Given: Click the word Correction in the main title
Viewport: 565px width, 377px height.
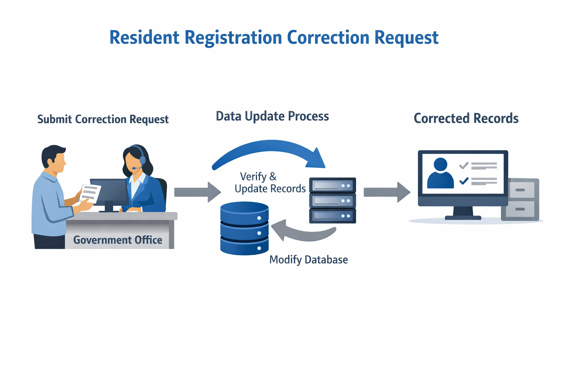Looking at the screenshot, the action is click(328, 38).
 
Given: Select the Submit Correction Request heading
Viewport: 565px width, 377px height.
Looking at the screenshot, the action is click(103, 119).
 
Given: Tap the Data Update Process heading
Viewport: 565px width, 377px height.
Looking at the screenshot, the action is click(273, 117).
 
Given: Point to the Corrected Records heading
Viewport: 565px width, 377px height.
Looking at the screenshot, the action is click(466, 118).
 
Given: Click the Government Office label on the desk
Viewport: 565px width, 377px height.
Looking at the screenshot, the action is click(118, 240).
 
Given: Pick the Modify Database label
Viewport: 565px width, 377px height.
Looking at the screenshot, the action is click(309, 260).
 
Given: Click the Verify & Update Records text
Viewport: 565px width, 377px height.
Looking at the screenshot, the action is click(270, 183).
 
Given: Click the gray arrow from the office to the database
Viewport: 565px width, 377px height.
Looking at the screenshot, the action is click(198, 192).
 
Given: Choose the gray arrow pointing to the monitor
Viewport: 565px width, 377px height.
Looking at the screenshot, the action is click(387, 192).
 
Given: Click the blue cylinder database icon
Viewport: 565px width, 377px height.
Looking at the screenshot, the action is click(244, 228).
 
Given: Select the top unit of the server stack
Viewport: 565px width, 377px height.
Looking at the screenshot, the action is click(333, 185).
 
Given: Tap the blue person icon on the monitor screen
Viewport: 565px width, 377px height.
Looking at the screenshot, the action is click(440, 173).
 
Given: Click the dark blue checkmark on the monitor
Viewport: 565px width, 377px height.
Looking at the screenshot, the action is click(464, 181).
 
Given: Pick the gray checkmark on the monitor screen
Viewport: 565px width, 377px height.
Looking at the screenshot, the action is click(464, 165).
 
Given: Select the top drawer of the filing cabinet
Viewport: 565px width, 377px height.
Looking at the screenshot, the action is click(520, 190).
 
